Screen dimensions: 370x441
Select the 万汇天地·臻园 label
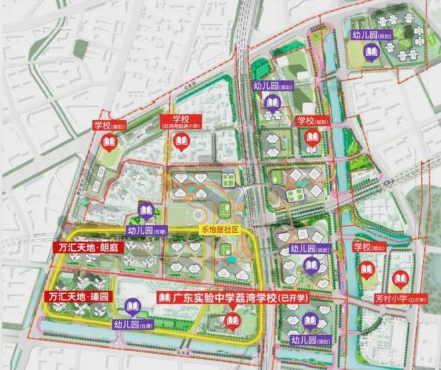click(x=73, y=295)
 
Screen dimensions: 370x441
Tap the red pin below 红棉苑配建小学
click(x=181, y=142)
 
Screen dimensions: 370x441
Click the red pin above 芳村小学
click(x=400, y=279)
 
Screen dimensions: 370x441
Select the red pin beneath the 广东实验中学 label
click(x=231, y=319)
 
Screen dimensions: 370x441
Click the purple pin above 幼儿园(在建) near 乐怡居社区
click(x=147, y=211)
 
